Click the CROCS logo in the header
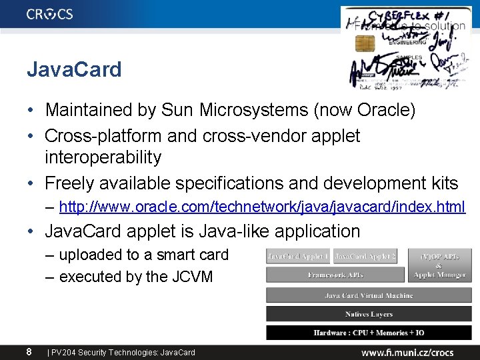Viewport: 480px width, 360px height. click(50, 14)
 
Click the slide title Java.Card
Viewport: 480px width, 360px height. click(74, 69)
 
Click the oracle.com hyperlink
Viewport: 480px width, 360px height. click(262, 207)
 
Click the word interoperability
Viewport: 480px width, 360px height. click(103, 157)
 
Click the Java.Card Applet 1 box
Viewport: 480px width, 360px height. click(298, 257)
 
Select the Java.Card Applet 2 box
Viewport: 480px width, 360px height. click(365, 257)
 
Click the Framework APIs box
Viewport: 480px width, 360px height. click(335, 275)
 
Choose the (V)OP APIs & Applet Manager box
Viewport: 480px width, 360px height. click(439, 265)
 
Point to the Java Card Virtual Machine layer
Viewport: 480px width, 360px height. click(369, 295)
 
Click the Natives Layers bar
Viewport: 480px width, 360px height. click(369, 314)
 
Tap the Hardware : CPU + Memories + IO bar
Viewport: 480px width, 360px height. click(369, 332)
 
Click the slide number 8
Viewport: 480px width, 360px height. click(29, 351)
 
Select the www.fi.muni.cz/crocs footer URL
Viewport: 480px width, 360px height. click(407, 352)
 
